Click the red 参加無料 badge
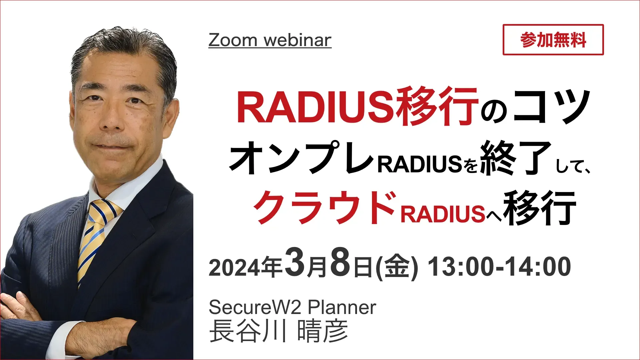pyautogui.click(x=553, y=40)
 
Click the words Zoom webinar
pyautogui.click(x=270, y=40)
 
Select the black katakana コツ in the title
pyautogui.click(x=551, y=106)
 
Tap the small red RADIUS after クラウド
pyautogui.click(x=443, y=214)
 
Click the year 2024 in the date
pyautogui.click(x=234, y=268)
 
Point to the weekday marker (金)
pyautogui.click(x=397, y=267)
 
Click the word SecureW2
pyautogui.click(x=255, y=307)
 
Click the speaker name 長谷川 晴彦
pyautogui.click(x=279, y=331)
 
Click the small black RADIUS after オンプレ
pyautogui.click(x=420, y=164)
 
